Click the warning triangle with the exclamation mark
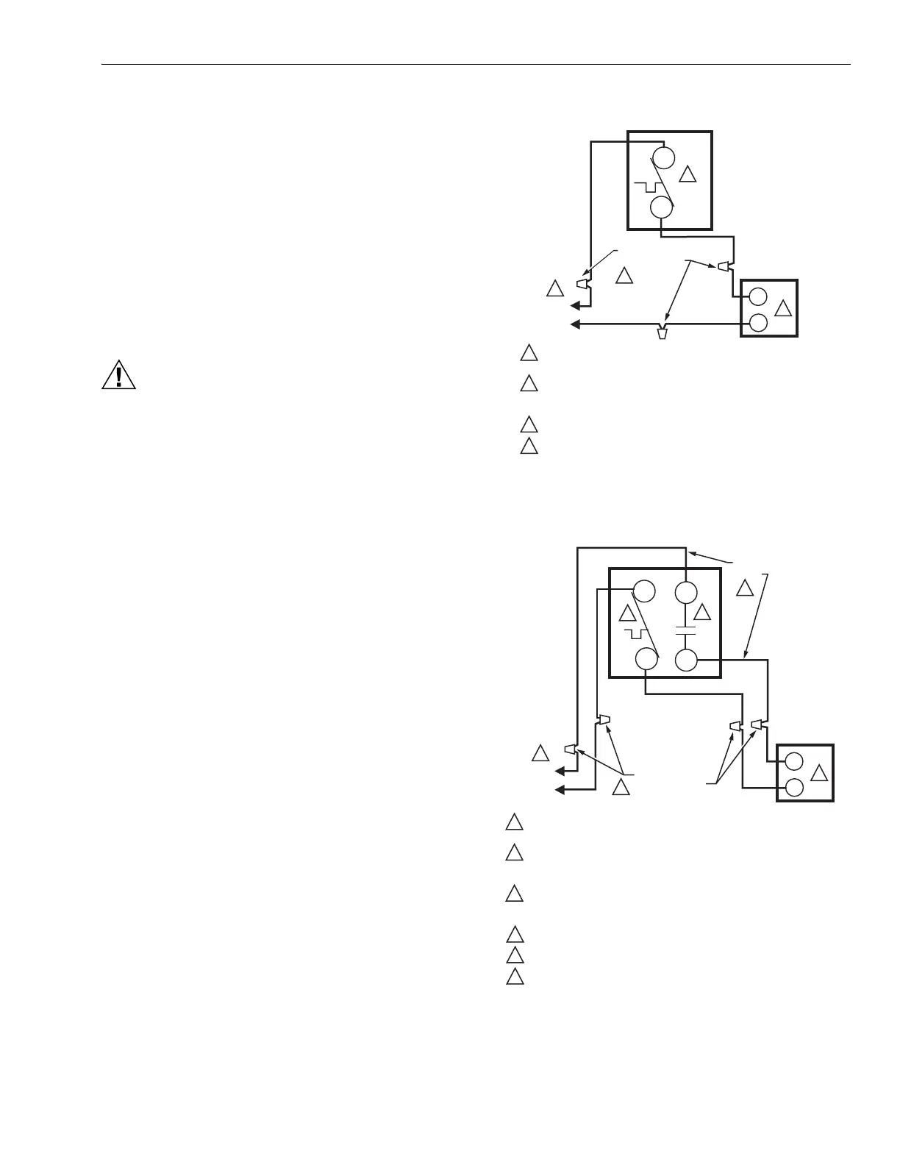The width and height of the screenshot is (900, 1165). click(x=118, y=377)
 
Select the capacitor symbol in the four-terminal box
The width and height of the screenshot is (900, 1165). click(x=685, y=630)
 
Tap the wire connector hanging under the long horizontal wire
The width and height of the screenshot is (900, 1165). click(x=662, y=332)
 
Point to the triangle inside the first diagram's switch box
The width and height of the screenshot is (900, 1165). click(x=687, y=174)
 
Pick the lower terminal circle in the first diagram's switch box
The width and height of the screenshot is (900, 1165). click(x=662, y=207)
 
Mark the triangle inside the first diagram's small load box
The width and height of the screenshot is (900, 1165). click(x=783, y=308)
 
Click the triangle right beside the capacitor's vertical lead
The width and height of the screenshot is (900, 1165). click(x=703, y=612)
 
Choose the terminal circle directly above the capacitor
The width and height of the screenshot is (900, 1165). click(x=686, y=593)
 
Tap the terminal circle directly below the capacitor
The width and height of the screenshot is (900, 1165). click(x=686, y=660)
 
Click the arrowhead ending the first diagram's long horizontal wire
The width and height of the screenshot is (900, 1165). click(x=576, y=324)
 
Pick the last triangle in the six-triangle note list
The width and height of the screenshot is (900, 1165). click(x=515, y=977)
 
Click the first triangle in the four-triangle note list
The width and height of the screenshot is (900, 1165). click(x=529, y=353)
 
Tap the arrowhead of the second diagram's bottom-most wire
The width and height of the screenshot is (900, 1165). click(x=560, y=789)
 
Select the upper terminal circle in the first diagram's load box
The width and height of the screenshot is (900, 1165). click(x=757, y=298)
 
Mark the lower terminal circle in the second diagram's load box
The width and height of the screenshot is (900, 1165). click(x=794, y=788)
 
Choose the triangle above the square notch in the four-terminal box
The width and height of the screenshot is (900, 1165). click(x=627, y=613)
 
